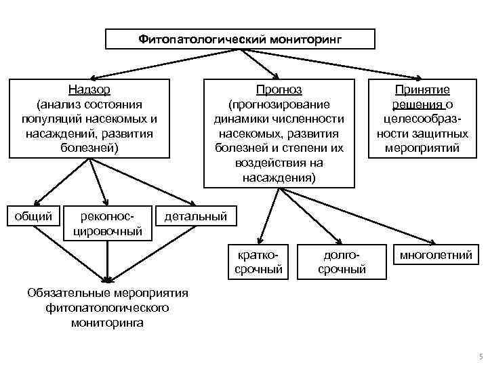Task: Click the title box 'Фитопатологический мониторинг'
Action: (x=240, y=39)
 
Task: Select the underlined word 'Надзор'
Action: (x=89, y=90)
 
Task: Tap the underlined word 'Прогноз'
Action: (x=279, y=90)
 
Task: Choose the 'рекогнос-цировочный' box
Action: (x=110, y=224)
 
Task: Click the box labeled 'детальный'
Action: (x=196, y=217)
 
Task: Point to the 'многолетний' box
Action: (x=436, y=255)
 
